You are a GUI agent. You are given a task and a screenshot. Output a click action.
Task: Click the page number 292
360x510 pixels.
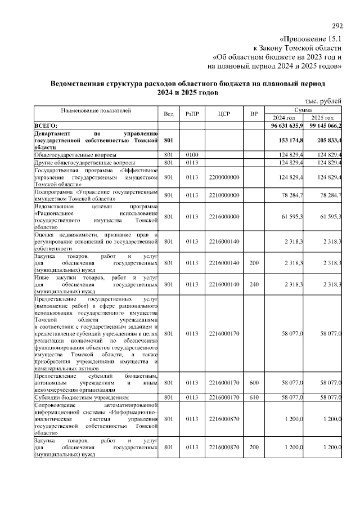(337, 27)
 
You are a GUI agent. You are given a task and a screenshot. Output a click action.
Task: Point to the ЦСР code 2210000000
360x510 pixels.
(224, 195)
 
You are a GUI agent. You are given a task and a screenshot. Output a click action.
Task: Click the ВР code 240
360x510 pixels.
(254, 285)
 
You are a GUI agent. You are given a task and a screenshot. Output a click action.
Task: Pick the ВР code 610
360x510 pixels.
(254, 397)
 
